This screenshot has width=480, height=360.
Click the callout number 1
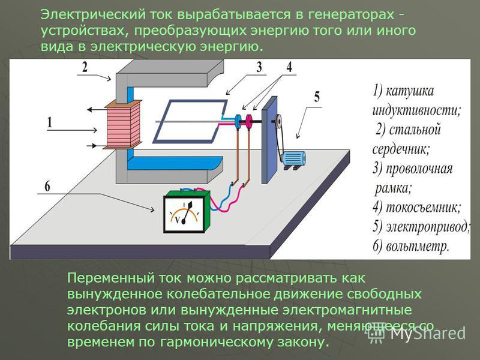pyautogui.click(x=50, y=122)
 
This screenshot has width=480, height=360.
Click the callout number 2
pyautogui.click(x=85, y=67)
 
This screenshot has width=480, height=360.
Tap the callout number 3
pyautogui.click(x=259, y=67)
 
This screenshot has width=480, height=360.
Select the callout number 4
pyautogui.click(x=289, y=67)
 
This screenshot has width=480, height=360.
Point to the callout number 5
pyautogui.click(x=317, y=97)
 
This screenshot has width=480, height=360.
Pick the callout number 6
pyautogui.click(x=47, y=186)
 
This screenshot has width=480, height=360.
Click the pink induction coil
pyautogui.click(x=122, y=125)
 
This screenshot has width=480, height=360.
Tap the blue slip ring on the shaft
pyautogui.click(x=238, y=122)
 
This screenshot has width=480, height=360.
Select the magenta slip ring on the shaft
pyautogui.click(x=249, y=122)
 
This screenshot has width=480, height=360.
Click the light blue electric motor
pyautogui.click(x=293, y=159)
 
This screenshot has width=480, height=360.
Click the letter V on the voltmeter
pyautogui.click(x=177, y=219)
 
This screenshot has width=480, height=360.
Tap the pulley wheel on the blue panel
pyautogui.click(x=279, y=122)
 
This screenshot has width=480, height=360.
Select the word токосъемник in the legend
pyautogui.click(x=423, y=207)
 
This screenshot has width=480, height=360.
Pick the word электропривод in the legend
pyautogui.click(x=428, y=226)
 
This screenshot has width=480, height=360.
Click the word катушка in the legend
pyautogui.click(x=410, y=91)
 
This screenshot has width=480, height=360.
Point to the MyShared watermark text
pyautogui.click(x=428, y=333)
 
